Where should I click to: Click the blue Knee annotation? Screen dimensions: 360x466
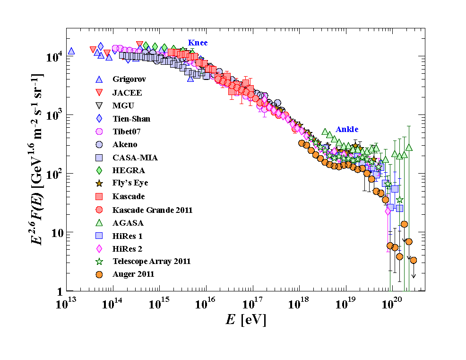198,43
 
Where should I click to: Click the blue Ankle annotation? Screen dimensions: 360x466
347,129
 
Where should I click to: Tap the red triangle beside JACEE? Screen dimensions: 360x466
99,92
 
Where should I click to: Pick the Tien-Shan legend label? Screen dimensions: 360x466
129,118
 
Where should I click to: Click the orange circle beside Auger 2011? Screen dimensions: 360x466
99,274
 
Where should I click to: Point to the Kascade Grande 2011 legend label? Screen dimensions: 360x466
152,209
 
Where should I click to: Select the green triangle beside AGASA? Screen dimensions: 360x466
99,222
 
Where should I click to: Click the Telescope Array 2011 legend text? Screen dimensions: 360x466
151,261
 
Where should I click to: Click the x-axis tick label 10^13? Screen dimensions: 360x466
66,303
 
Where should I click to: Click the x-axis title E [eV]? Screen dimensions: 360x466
245,320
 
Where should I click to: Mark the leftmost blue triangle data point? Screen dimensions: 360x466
71,52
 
